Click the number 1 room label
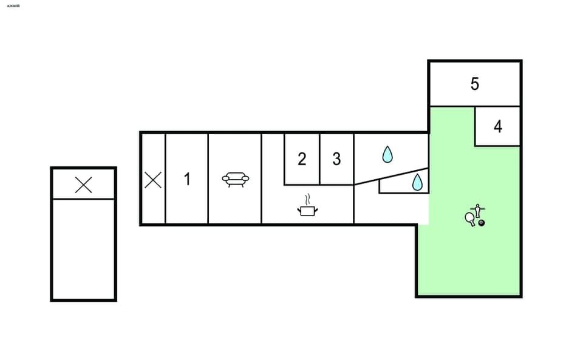pyautogui.click(x=187, y=179)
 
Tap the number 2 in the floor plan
pyautogui.click(x=302, y=160)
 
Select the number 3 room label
pyautogui.click(x=336, y=160)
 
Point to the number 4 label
pyautogui.click(x=498, y=127)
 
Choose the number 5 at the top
pyautogui.click(x=475, y=84)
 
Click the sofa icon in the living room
pyautogui.click(x=235, y=179)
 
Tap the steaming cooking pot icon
pyautogui.click(x=308, y=210)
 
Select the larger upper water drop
pyautogui.click(x=387, y=155)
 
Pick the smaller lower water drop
pyautogui.click(x=417, y=182)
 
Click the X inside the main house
pyautogui.click(x=153, y=180)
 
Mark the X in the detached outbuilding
pyautogui.click(x=83, y=185)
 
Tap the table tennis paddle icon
pyautogui.click(x=470, y=217)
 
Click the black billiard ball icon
pyautogui.click(x=482, y=223)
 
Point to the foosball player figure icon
pyautogui.click(x=478, y=211)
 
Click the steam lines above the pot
pyautogui.click(x=308, y=199)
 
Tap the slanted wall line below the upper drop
pyautogui.click(x=392, y=175)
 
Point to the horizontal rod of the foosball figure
pyautogui.click(x=478, y=208)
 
